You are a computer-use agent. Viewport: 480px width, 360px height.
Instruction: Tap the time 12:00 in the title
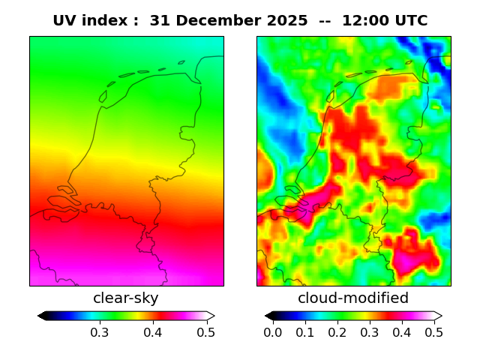click(x=368, y=21)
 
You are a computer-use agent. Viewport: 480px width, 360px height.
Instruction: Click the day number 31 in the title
click(x=160, y=21)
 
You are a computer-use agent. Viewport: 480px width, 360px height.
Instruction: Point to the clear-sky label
click(x=126, y=298)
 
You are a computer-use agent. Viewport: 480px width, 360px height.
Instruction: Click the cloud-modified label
click(x=353, y=298)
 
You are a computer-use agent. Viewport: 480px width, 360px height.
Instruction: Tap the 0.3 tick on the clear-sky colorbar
click(x=99, y=332)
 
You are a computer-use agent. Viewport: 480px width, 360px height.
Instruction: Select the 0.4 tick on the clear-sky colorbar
click(x=153, y=332)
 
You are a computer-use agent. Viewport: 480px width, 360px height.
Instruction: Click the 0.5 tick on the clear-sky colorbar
click(x=206, y=332)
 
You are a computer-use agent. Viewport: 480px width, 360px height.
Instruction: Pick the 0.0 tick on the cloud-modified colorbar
click(x=273, y=332)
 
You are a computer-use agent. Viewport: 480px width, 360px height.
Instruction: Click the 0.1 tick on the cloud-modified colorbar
click(x=305, y=332)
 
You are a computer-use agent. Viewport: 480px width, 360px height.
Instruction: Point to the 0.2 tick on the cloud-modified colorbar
click(x=337, y=332)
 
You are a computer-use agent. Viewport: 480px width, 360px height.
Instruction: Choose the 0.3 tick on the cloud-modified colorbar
click(x=370, y=332)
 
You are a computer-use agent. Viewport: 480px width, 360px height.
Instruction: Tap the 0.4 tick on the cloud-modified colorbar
click(x=402, y=332)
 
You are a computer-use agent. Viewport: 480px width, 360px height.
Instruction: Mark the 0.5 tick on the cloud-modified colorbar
click(x=433, y=332)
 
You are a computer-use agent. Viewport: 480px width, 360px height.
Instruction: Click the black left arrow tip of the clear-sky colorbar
click(x=41, y=316)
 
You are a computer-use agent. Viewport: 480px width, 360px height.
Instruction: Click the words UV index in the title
click(x=91, y=21)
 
